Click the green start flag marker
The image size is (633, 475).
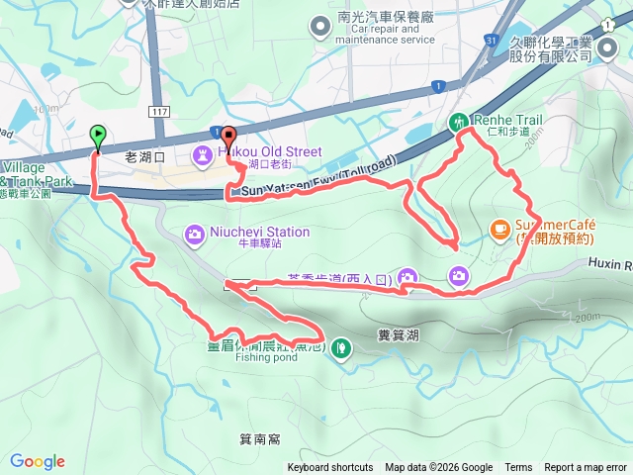point(98,136)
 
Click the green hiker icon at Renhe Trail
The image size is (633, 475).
point(459,123)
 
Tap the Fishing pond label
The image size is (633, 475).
point(265,358)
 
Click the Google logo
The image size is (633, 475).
point(38,461)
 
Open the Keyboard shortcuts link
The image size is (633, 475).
point(330,468)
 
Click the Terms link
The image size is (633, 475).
point(518,468)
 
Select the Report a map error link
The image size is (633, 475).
point(587,468)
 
